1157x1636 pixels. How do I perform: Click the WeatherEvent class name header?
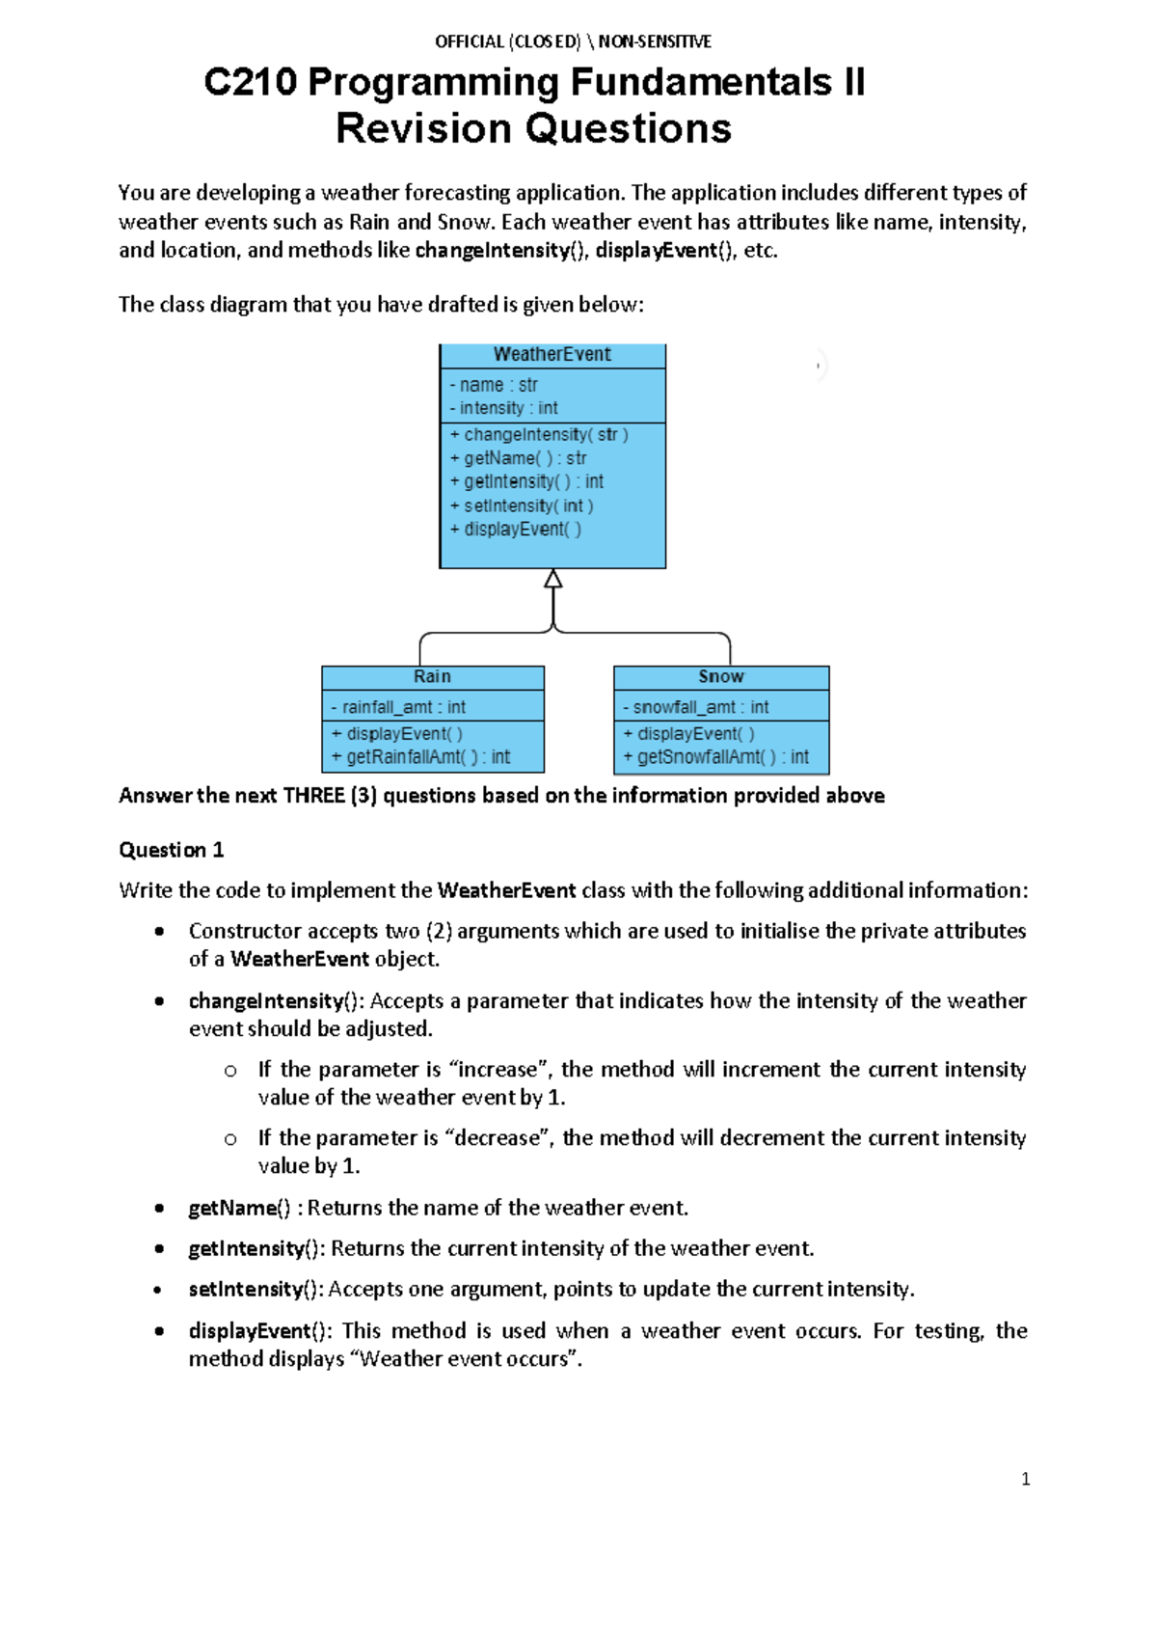[x=552, y=355]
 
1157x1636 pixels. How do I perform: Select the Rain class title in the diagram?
[x=432, y=677]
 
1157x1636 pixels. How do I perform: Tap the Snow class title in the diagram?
[x=720, y=677]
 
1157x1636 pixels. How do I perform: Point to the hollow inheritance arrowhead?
[x=552, y=579]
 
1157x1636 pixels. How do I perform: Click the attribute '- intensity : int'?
[x=503, y=408]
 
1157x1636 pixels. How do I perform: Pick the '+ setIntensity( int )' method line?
[x=522, y=505]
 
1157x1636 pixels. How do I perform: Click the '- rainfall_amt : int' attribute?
[x=398, y=707]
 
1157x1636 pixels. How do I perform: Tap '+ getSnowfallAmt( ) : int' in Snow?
[x=715, y=757]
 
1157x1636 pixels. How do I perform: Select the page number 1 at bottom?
[x=1026, y=1479]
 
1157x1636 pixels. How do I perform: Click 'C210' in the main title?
[x=250, y=82]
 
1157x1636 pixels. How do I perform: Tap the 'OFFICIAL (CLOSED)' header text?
[x=507, y=41]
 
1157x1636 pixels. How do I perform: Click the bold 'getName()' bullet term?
[x=238, y=1208]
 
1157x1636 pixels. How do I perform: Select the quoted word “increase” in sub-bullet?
[x=498, y=1070]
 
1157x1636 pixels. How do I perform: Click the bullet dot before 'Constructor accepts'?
[x=159, y=932]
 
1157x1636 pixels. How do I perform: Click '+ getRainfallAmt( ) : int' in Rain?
[x=420, y=757]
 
